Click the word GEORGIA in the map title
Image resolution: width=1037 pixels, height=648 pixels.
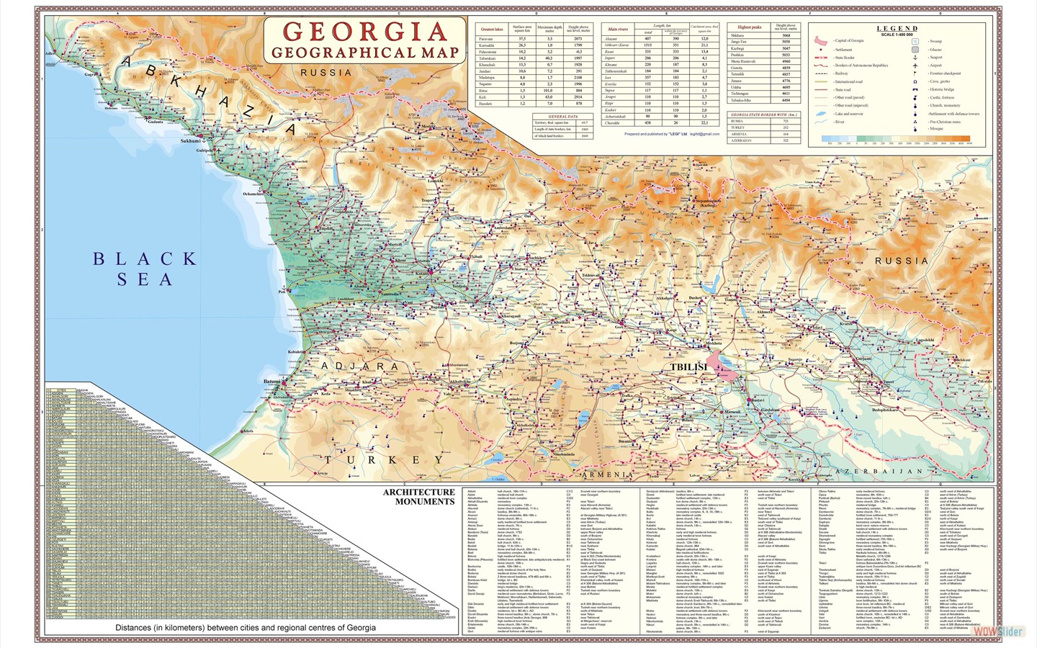coord(365,32)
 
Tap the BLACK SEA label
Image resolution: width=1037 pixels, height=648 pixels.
coord(144,269)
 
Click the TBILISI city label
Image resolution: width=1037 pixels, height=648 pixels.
coord(689,367)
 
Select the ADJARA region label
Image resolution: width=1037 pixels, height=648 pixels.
coord(359,366)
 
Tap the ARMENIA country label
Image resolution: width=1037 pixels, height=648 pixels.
coord(607,475)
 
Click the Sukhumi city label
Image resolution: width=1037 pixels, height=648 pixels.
coord(190,141)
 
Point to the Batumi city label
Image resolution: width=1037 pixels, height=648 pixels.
coord(271,382)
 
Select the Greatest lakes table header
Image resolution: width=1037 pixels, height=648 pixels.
coord(492,30)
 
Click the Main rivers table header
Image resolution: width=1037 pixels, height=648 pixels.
coord(617,30)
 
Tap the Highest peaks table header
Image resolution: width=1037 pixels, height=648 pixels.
coord(749,27)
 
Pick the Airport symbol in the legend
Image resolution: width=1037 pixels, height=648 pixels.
coord(915,66)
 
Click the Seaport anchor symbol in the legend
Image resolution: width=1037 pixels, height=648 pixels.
coord(915,58)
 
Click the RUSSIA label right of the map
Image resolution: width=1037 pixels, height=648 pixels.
coord(901,261)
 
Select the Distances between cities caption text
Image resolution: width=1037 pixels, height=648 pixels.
coord(245,628)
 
